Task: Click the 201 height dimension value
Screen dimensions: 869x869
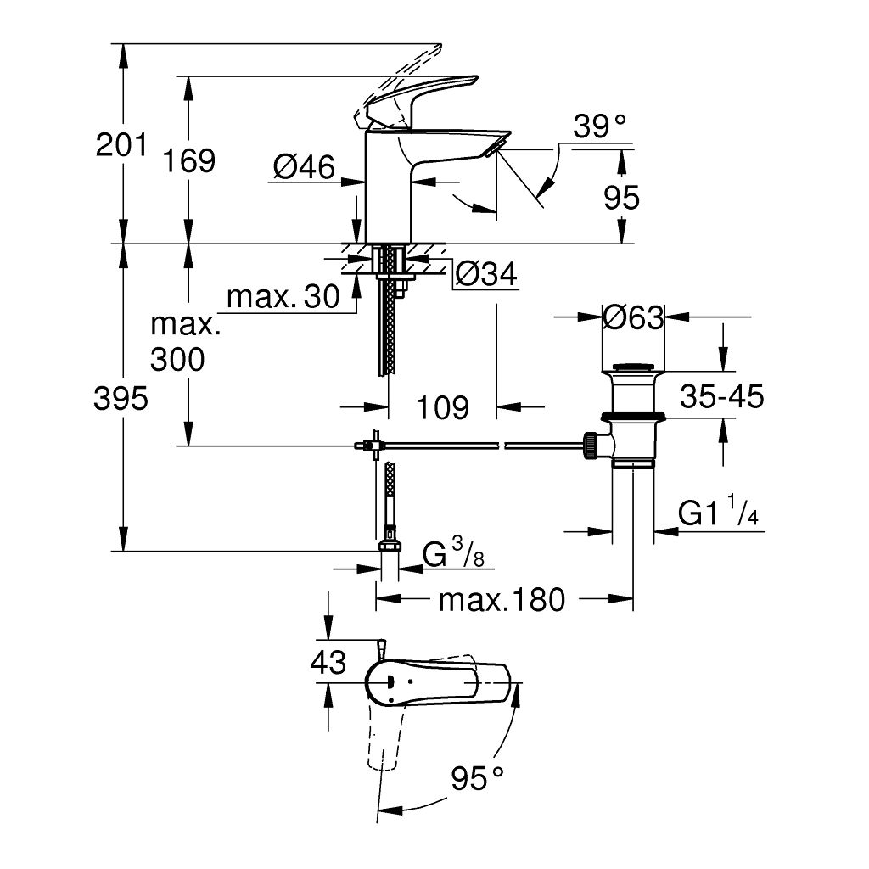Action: (x=121, y=145)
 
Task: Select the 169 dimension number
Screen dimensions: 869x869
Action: (x=189, y=160)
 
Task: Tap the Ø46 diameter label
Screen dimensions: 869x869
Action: (x=304, y=167)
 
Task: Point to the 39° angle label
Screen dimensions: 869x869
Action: (x=598, y=127)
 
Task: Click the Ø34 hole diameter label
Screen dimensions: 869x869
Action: (x=485, y=273)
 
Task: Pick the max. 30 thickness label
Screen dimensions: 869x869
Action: (x=283, y=296)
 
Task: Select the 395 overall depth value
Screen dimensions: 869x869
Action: (x=121, y=397)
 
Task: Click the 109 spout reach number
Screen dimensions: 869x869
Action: (x=443, y=407)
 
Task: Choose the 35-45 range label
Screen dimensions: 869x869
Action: (x=721, y=395)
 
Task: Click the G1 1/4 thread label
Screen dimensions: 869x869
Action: (x=718, y=514)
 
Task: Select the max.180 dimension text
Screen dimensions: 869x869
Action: (x=501, y=601)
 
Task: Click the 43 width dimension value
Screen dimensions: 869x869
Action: (x=328, y=662)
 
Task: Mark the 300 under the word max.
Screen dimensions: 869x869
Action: (x=177, y=360)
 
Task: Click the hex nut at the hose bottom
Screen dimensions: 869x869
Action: (x=390, y=547)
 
